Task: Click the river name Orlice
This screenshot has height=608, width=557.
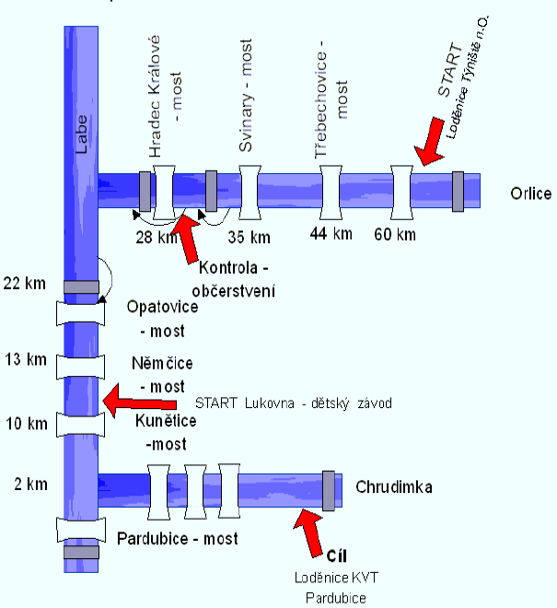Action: pos(530,193)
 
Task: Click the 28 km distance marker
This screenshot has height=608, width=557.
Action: pos(154,238)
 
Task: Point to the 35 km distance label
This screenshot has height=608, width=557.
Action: pos(248,238)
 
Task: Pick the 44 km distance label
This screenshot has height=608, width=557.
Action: pos(331,234)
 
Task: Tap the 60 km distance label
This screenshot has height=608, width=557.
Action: pos(394,234)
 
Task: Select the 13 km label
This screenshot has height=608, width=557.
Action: pos(25,358)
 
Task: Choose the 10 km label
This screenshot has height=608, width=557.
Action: pos(25,424)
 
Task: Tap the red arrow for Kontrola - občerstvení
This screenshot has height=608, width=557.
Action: pos(189,238)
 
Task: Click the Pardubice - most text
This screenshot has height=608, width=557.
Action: pos(178,538)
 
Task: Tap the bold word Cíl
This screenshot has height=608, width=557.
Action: pos(338,555)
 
